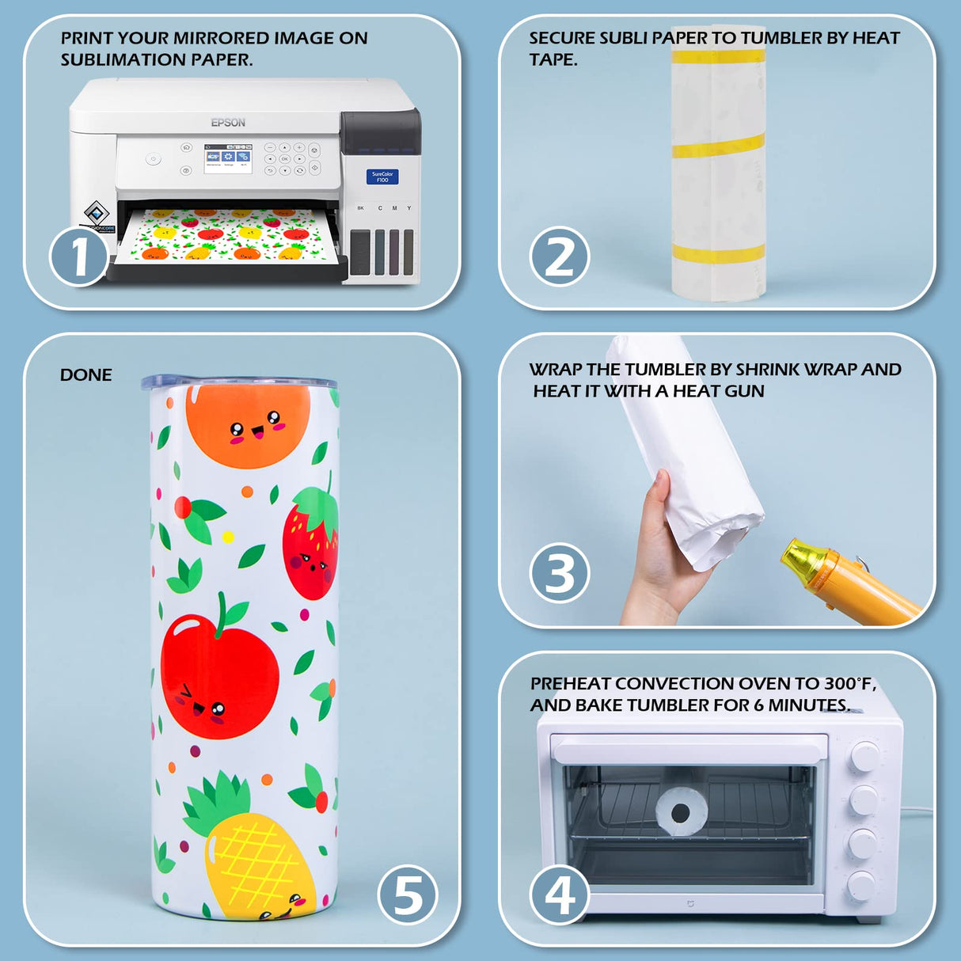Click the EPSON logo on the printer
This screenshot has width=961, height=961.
coord(228,122)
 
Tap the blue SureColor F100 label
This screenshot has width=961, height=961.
coord(382,177)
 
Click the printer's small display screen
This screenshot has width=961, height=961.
coord(228,158)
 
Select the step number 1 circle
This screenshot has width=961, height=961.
coord(79,256)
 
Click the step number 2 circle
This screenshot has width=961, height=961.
coord(560,256)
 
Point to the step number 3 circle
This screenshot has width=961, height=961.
coord(560,573)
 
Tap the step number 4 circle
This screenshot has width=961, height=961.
coord(560,895)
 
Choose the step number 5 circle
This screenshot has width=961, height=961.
coord(408,895)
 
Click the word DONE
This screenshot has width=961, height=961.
coord(85,375)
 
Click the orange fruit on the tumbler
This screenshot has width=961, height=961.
coord(248,426)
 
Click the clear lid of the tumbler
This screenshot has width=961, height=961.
coord(239,382)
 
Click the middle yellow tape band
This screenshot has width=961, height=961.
coord(718,146)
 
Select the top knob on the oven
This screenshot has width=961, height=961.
coord(865,757)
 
